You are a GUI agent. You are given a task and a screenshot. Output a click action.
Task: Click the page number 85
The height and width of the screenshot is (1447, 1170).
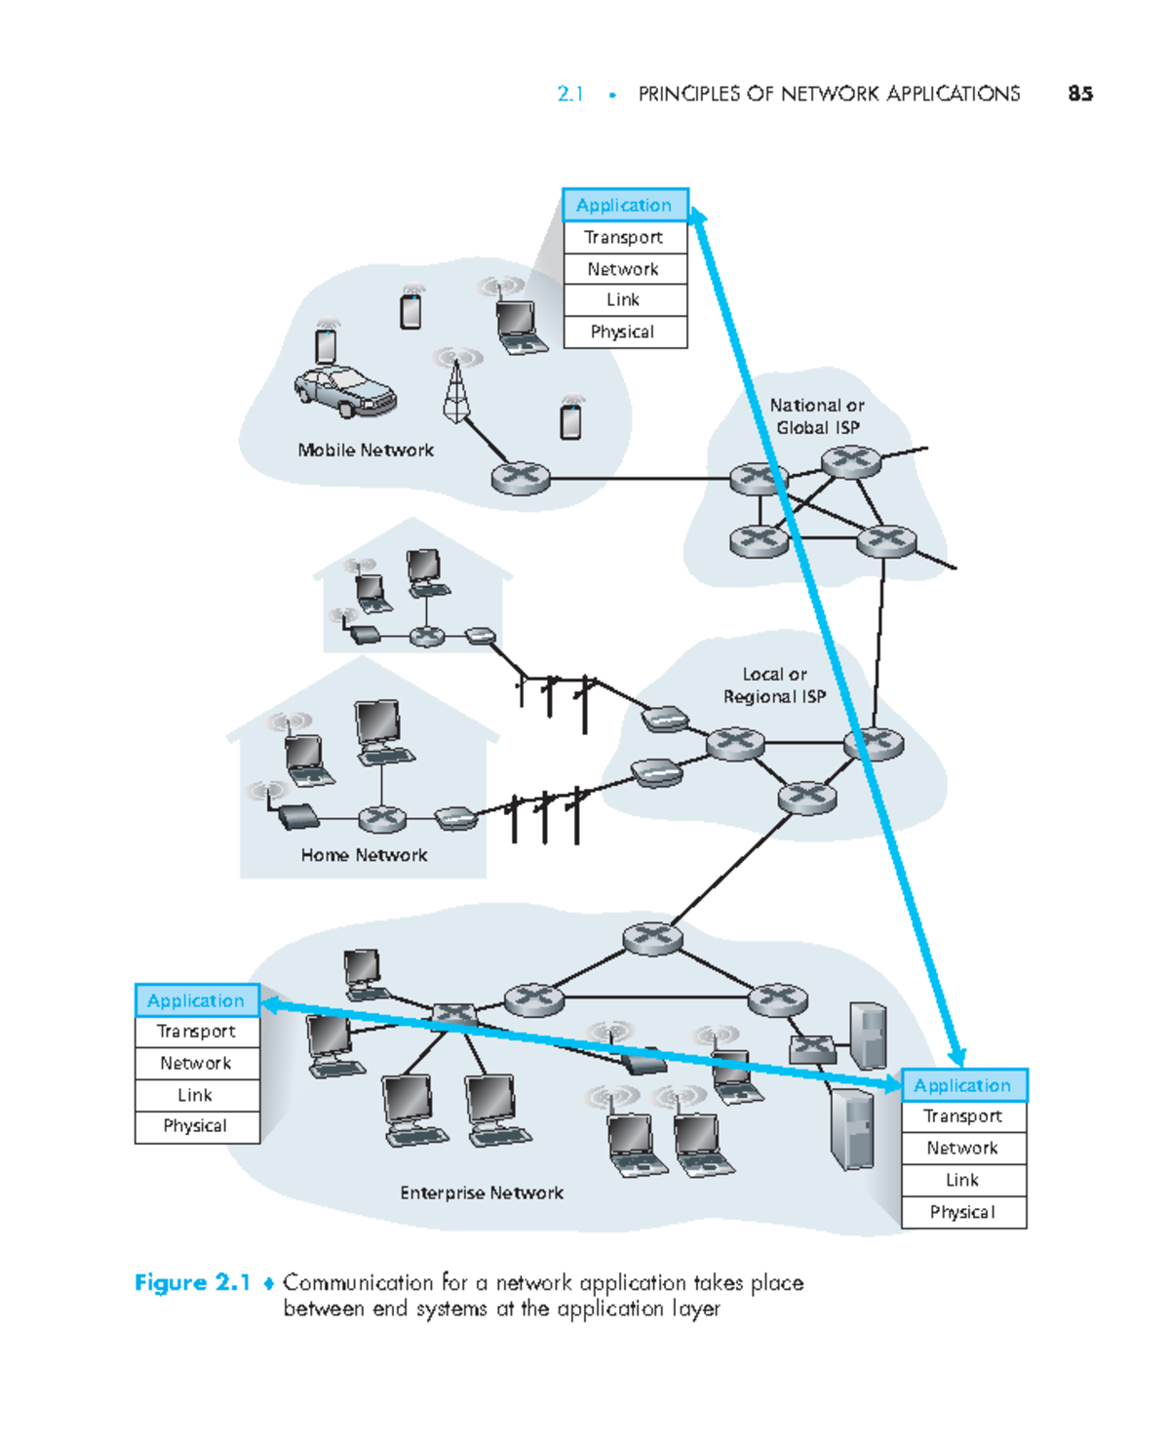[x=1079, y=94]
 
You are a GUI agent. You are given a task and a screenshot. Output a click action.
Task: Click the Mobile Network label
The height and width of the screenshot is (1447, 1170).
[x=366, y=450]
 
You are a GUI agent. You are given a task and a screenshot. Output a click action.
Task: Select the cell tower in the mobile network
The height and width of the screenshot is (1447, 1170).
[x=455, y=390]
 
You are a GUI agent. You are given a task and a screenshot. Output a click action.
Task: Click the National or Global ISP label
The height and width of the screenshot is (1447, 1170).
[x=817, y=416]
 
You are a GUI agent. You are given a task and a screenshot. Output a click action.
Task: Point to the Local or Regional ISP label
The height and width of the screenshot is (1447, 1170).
[x=774, y=685]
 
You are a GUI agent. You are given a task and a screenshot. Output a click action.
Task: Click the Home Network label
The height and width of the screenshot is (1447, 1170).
[x=364, y=855]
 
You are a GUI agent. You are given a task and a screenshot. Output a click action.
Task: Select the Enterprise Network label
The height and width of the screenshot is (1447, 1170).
[x=482, y=1193]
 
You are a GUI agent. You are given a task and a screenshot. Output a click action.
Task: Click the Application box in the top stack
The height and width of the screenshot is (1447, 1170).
[x=624, y=206]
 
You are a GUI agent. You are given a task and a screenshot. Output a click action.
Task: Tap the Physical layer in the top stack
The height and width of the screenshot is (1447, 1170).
[x=624, y=332]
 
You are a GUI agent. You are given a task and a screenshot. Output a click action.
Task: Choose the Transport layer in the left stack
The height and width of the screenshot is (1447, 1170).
[x=196, y=1032]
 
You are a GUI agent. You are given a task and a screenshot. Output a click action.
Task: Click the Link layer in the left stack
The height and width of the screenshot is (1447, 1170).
[x=196, y=1095]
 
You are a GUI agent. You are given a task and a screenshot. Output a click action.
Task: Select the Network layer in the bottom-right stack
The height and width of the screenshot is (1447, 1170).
[x=962, y=1149]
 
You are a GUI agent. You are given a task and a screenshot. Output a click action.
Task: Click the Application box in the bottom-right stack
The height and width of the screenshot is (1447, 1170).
[x=962, y=1085]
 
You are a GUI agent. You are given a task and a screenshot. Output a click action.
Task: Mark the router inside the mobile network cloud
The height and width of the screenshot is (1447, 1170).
[x=521, y=479]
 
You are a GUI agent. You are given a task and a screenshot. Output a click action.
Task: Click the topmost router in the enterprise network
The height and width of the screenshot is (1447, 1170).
[x=652, y=938]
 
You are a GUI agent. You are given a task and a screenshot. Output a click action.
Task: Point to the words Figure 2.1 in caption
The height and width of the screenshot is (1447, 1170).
[x=192, y=1282]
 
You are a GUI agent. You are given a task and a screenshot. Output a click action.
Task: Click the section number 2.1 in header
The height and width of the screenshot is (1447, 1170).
[x=569, y=94]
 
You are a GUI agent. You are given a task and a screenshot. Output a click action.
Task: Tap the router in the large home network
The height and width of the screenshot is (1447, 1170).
[x=382, y=818]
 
